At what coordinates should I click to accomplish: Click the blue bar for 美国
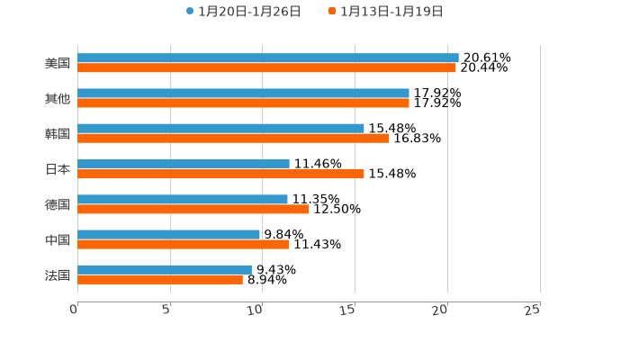[x=268, y=58]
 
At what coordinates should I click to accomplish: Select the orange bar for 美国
[x=266, y=67]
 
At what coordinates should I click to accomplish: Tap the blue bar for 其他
[x=243, y=93]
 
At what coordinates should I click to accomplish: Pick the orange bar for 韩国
[x=233, y=138]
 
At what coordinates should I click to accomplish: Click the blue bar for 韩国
[x=220, y=128]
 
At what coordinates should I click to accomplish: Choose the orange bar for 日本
[x=220, y=174]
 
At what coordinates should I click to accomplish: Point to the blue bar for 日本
[x=184, y=164]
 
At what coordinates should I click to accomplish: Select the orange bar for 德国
[x=193, y=209]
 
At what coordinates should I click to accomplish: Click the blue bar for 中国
[x=168, y=234]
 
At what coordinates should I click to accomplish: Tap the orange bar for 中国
[x=183, y=244]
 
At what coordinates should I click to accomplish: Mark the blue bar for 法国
[x=165, y=269]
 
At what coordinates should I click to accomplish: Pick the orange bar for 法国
[x=160, y=279]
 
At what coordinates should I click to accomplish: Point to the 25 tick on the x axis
[x=533, y=310]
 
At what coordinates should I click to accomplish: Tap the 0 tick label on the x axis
[x=74, y=310]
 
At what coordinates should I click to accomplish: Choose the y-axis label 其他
[x=58, y=98]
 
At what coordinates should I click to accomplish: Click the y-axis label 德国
[x=58, y=204]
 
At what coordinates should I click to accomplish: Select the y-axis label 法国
[x=58, y=274]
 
